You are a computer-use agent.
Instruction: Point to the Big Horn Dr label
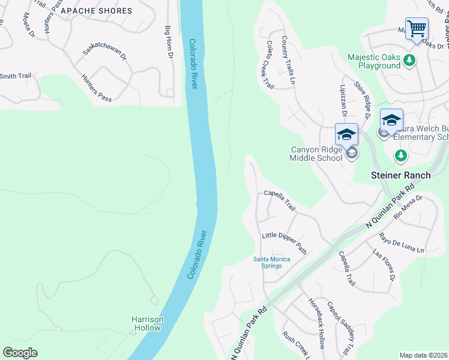(x=169, y=42)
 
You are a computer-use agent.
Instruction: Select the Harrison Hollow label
(x=148, y=323)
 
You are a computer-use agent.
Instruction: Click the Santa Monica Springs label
(x=271, y=262)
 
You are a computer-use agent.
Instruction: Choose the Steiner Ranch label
(x=400, y=175)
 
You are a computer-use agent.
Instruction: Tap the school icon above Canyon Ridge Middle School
(x=346, y=134)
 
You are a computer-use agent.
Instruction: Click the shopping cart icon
(x=417, y=28)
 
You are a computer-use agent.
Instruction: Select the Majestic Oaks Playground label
(x=374, y=61)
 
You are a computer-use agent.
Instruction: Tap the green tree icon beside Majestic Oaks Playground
(x=409, y=60)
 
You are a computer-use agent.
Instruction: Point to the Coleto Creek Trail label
(x=270, y=65)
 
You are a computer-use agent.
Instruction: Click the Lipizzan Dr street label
(x=345, y=100)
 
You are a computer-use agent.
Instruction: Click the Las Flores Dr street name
(x=384, y=265)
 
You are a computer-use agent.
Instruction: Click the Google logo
(x=20, y=353)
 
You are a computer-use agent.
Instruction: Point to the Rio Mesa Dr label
(x=408, y=206)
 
